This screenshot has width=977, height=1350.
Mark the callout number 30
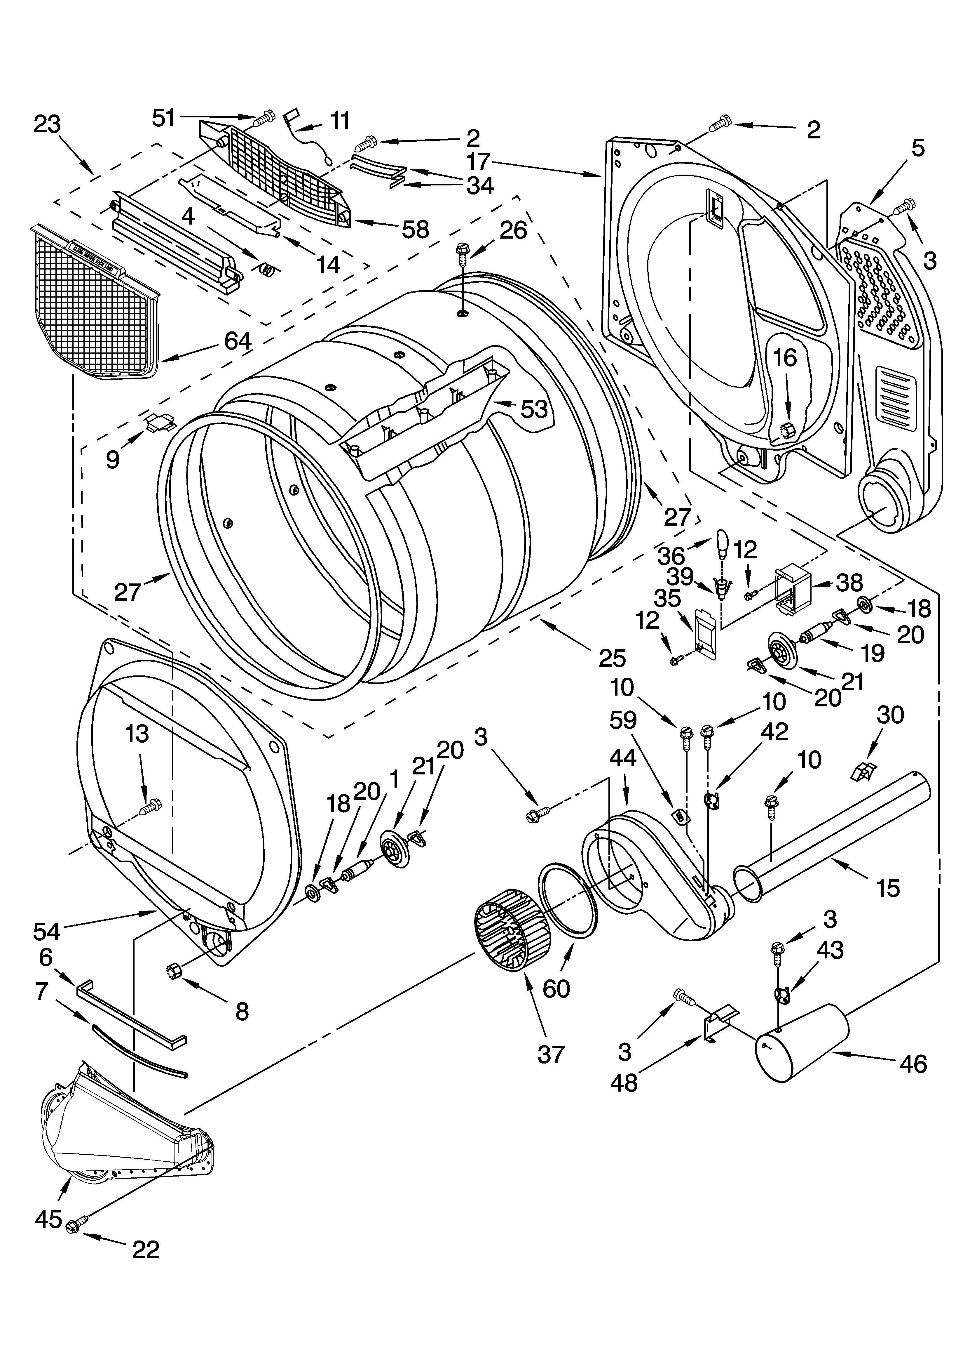click(x=890, y=715)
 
